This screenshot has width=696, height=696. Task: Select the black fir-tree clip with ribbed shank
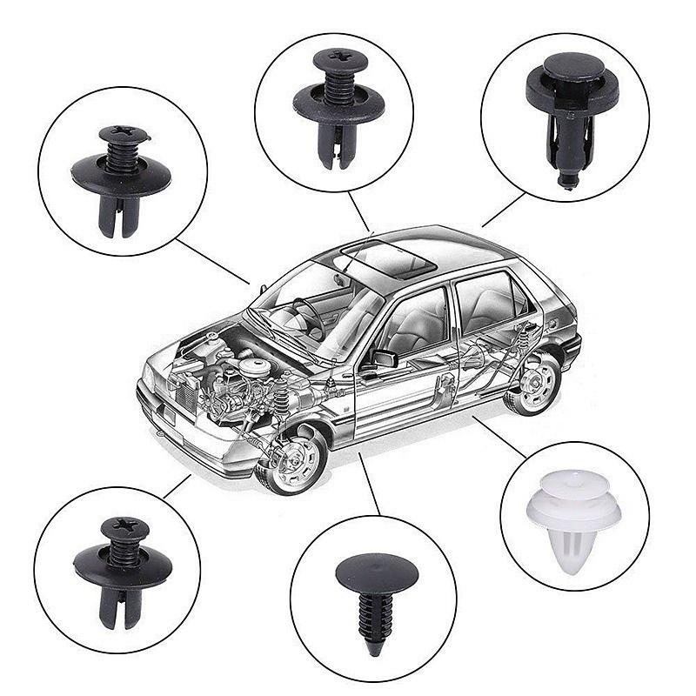coord(376,600)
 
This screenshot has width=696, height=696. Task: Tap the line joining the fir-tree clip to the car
coord(370,484)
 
